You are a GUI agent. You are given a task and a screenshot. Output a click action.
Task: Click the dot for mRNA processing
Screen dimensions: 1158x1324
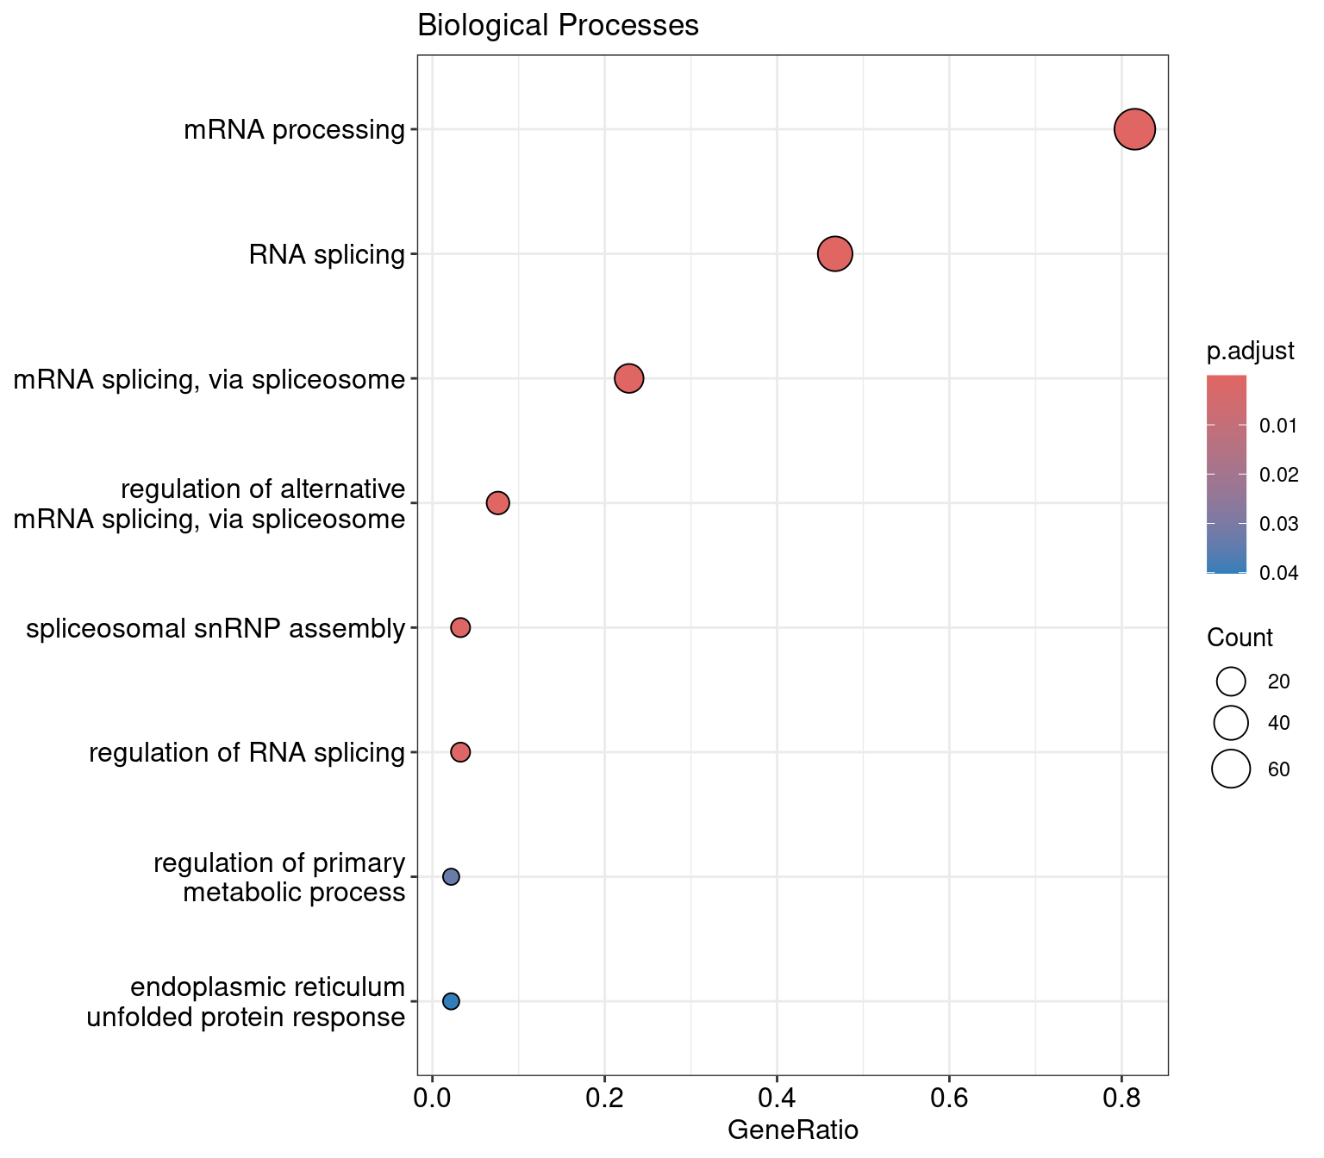1134,129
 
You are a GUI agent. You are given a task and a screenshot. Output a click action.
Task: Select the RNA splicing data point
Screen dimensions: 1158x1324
834,254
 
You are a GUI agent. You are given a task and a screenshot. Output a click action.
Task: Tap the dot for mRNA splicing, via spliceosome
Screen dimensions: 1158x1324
629,378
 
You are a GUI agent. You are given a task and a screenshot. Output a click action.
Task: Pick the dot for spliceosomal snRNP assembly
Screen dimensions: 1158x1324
460,627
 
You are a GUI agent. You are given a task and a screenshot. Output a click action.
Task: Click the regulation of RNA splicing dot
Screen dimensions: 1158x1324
460,752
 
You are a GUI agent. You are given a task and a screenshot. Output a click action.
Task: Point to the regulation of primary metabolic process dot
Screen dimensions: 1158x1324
451,876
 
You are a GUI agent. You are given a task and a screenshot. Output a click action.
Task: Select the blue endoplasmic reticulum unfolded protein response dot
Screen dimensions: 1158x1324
451,1001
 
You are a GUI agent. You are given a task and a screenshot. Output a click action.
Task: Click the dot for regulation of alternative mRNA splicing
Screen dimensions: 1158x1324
498,502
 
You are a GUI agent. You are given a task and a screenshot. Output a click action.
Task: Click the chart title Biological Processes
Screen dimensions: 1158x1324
558,26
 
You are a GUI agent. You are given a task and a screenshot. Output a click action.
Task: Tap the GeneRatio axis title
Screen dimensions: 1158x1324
793,1130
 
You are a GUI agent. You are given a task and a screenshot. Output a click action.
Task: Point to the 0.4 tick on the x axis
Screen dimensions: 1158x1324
777,1099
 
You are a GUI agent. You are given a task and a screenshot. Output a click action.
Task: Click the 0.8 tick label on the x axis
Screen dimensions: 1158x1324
1121,1099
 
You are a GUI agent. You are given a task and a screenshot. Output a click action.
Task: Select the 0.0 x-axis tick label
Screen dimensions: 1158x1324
432,1099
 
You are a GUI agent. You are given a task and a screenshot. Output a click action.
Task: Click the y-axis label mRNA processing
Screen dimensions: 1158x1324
294,130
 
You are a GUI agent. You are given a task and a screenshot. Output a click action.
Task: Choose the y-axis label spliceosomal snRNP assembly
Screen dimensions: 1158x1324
215,628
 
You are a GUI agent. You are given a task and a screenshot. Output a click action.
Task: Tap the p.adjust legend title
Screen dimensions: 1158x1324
1250,351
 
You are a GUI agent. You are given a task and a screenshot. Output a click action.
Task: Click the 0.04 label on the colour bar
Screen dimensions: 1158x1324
1278,573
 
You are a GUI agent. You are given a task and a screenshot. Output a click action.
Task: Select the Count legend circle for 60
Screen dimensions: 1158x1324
1231,769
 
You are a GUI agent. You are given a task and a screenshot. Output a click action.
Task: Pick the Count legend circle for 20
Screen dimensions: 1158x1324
1231,682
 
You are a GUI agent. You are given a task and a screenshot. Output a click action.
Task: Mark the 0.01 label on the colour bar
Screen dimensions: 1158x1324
1278,426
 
